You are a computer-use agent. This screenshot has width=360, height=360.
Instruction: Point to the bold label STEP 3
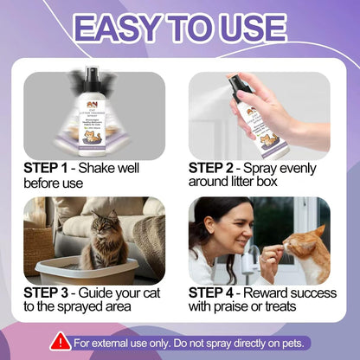point(51,292)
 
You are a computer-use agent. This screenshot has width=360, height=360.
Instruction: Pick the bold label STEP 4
point(217,292)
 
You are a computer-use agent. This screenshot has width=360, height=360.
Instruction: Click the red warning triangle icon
point(60,341)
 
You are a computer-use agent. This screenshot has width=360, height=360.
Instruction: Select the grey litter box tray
point(78,267)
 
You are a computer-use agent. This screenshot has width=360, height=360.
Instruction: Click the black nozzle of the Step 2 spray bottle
point(241,85)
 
